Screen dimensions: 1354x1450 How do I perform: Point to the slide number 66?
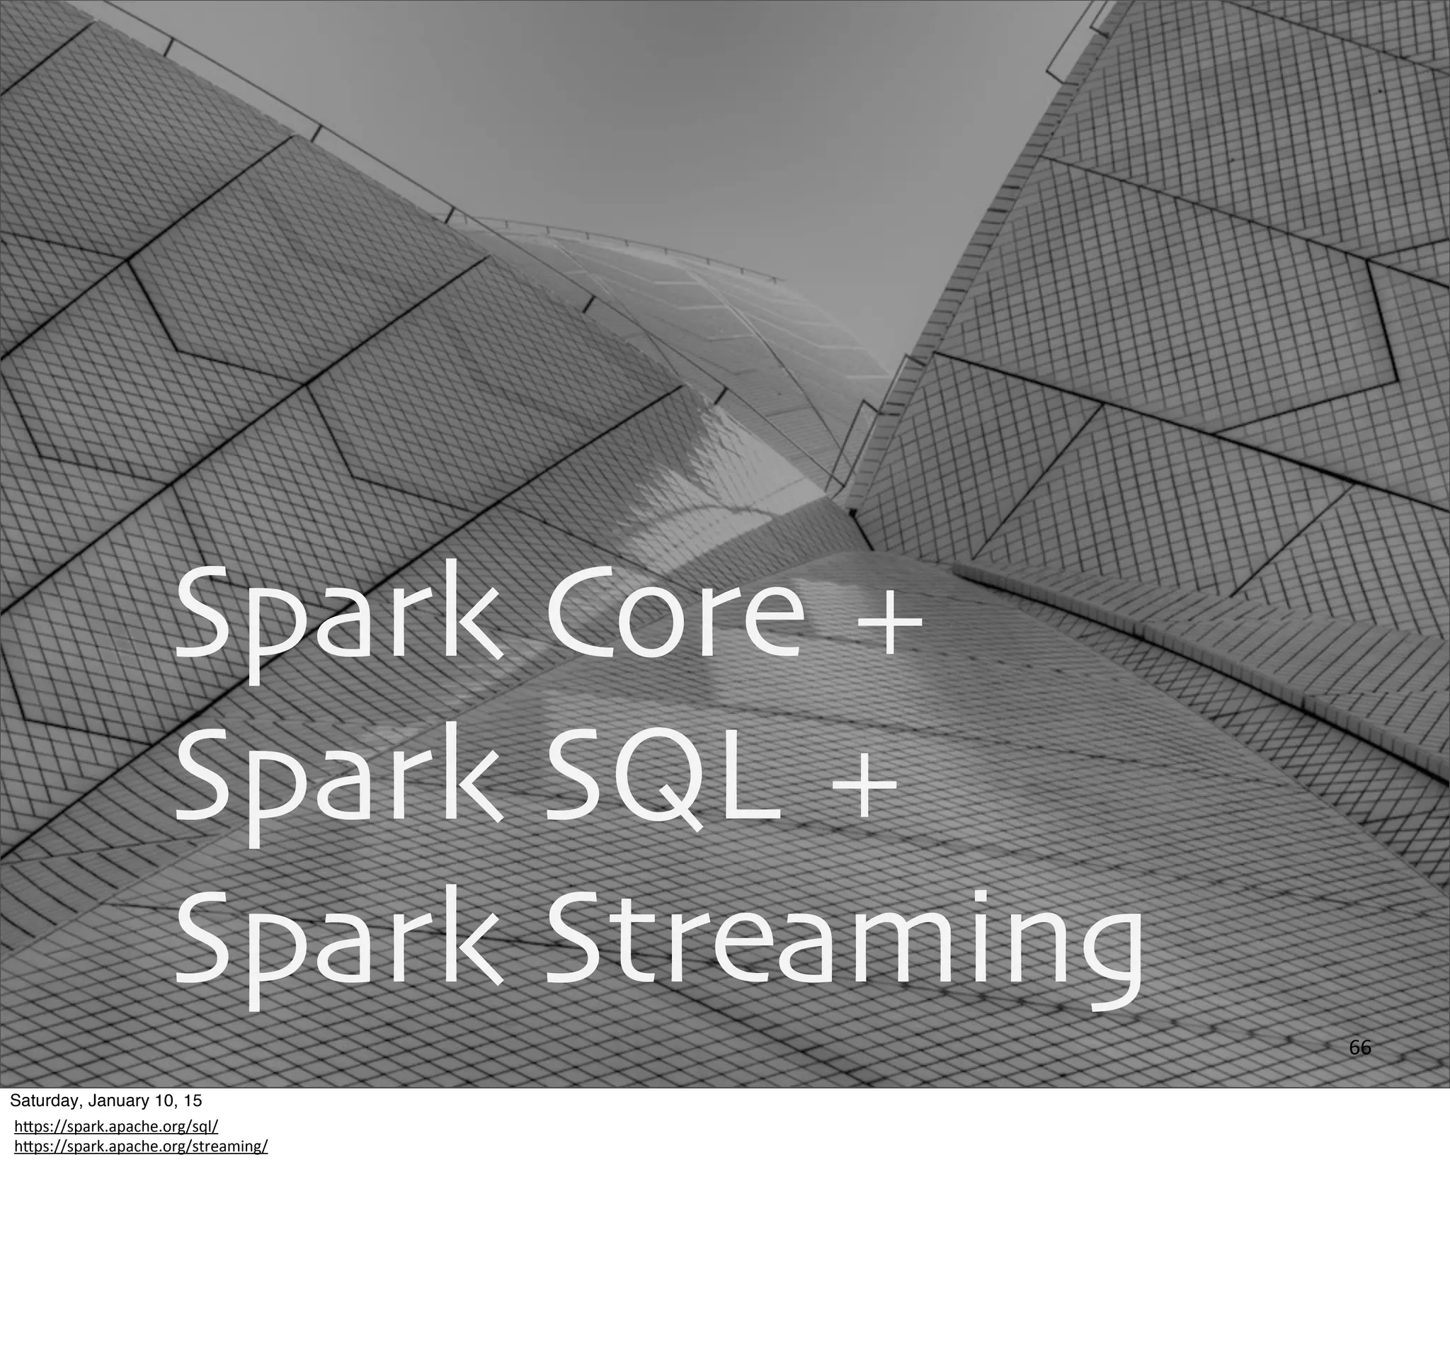[x=1359, y=1048]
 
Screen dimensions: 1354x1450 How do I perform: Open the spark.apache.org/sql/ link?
[x=116, y=1127]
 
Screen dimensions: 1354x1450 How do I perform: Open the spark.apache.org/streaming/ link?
[x=141, y=1146]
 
